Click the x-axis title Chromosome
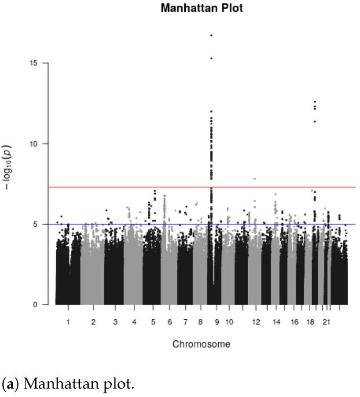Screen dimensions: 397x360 coord(201,344)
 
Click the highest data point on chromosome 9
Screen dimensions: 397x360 coord(211,35)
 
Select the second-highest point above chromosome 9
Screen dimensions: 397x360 coord(211,58)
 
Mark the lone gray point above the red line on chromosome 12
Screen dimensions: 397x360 coord(255,179)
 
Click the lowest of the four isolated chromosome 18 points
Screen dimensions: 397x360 coord(315,121)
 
